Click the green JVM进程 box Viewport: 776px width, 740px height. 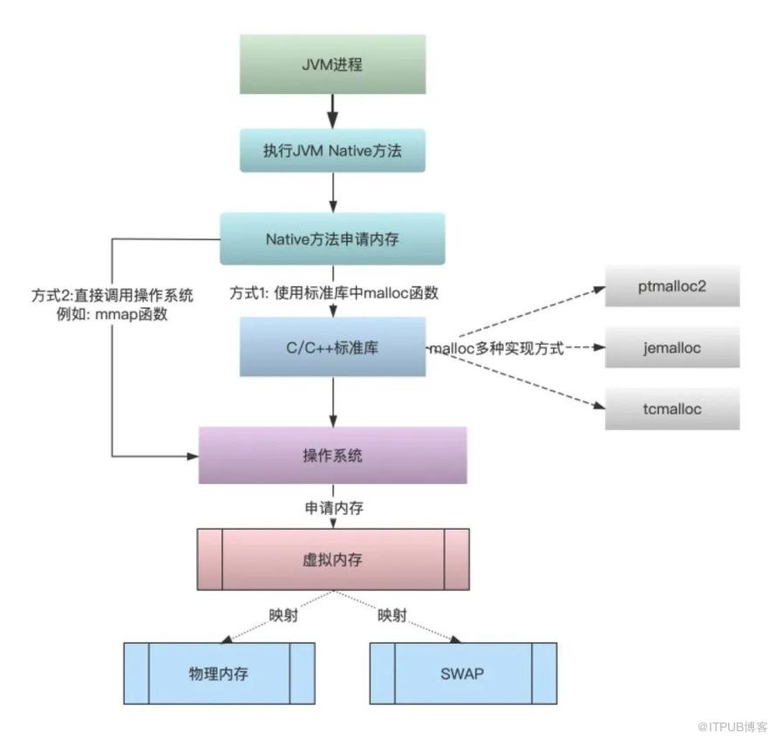point(332,65)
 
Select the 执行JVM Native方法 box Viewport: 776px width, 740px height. point(332,151)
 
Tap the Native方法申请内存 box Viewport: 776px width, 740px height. point(332,239)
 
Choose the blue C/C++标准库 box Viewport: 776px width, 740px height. point(332,346)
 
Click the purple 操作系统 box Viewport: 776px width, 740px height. point(332,456)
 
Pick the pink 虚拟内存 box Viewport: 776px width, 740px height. point(333,559)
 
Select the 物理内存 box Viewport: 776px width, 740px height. point(219,674)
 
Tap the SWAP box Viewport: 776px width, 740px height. point(463,674)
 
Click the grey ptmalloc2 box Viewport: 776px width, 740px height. point(672,286)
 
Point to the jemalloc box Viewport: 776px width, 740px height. point(672,347)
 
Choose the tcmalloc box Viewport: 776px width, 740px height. point(672,409)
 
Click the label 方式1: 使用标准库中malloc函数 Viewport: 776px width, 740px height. point(334,292)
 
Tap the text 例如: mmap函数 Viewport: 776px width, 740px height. point(112,314)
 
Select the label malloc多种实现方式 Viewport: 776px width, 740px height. point(496,348)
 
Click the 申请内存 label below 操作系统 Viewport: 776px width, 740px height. point(334,508)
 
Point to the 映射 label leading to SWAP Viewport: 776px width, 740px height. point(392,615)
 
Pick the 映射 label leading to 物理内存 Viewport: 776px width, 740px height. point(283,615)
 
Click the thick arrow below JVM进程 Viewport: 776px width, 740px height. point(332,112)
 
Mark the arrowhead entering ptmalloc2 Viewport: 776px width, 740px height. point(599,289)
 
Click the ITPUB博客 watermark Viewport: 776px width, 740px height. point(732,727)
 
